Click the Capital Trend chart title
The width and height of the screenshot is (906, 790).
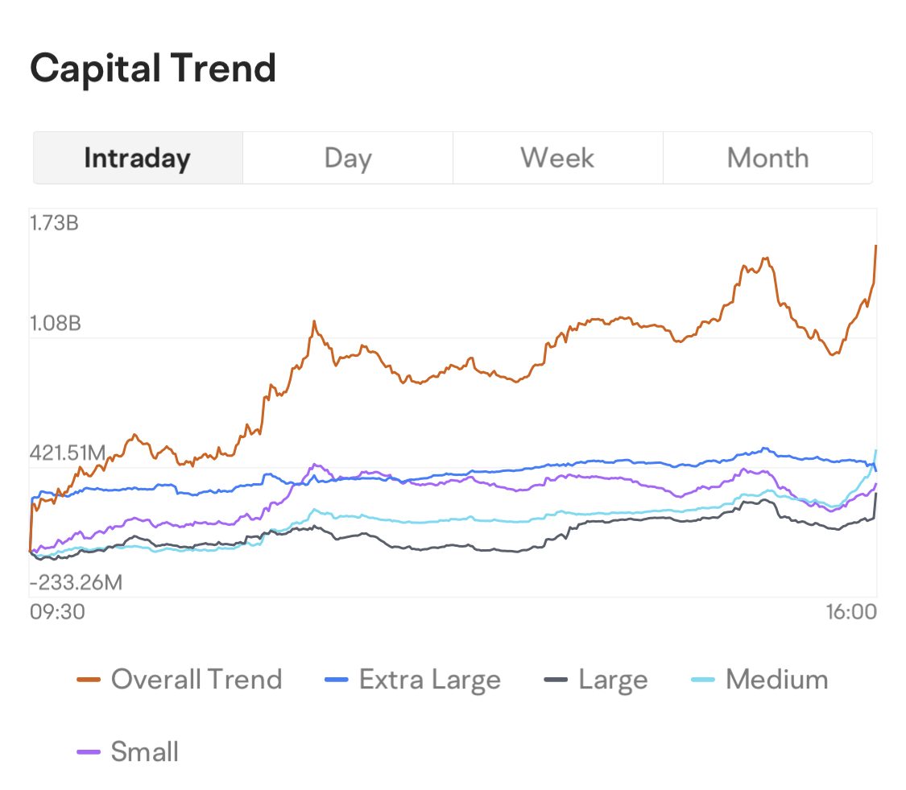coord(153,68)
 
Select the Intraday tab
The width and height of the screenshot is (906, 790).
coord(137,158)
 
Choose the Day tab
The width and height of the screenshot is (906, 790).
coord(347,158)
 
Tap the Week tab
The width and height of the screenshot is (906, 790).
coord(557,158)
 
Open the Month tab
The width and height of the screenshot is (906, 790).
coord(767,158)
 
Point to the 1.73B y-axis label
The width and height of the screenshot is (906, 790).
coord(54,223)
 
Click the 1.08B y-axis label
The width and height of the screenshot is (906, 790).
coord(56,324)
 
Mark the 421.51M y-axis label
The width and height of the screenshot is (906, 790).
coord(68,453)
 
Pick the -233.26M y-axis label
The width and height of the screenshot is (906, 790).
coord(76,582)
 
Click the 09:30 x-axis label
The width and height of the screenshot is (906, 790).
coord(56,612)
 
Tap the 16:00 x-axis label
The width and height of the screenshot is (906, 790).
coord(850,612)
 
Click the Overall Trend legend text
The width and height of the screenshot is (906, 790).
coord(197,680)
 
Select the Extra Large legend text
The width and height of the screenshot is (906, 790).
coord(430,680)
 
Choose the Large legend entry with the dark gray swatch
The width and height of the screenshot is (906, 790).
coord(613,680)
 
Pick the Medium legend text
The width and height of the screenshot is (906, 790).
coord(776,680)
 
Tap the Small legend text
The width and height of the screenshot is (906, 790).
coord(145,752)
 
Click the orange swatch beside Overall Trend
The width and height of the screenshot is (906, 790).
coord(89,680)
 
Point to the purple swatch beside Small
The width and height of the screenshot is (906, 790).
coord(89,752)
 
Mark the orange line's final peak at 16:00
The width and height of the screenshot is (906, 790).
coord(875,246)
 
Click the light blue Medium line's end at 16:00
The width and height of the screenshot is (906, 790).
coord(875,451)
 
